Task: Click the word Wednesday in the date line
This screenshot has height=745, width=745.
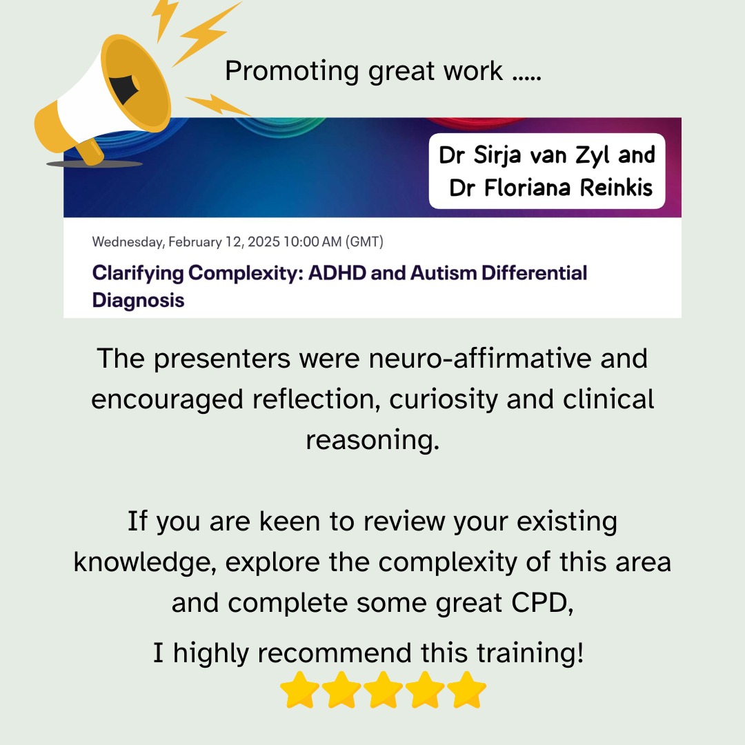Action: [128, 242]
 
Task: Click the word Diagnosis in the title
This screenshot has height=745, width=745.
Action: [138, 301]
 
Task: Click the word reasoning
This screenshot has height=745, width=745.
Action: [372, 440]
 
